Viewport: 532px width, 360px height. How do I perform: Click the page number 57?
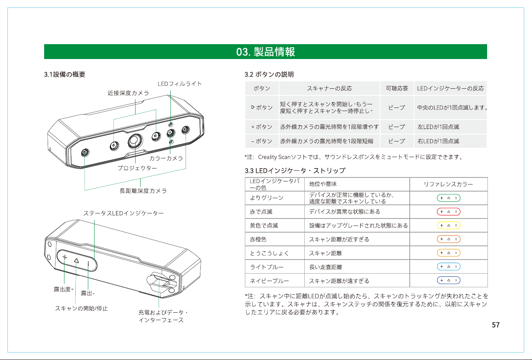tap(496, 325)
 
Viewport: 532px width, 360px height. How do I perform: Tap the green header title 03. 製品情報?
tap(266, 52)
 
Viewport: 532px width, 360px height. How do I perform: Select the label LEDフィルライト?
tap(180, 84)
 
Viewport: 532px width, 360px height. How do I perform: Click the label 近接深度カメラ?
tap(128, 93)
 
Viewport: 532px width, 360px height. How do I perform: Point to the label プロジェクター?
tap(137, 168)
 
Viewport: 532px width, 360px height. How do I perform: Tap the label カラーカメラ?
tap(166, 158)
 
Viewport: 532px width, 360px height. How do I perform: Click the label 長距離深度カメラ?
tap(143, 191)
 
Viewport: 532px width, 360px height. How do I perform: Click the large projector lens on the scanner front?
tap(135, 141)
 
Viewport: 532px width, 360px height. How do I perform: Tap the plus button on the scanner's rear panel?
tap(64, 257)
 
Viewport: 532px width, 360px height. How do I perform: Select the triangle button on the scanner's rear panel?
tap(76, 261)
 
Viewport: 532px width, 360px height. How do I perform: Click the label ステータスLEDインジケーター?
tap(123, 213)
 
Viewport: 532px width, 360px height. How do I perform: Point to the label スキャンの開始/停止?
tap(82, 308)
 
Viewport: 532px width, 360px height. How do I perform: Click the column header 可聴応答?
tap(397, 88)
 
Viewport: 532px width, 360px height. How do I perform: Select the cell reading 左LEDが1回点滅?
tap(438, 127)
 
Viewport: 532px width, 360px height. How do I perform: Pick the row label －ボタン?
tap(262, 141)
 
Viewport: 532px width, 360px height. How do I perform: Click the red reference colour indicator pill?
tap(449, 211)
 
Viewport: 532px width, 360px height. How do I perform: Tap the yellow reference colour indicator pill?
tap(449, 225)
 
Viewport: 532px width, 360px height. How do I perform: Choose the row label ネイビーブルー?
tap(270, 281)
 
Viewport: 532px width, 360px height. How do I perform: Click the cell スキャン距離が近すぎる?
tap(339, 239)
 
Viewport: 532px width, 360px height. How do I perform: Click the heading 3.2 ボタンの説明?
tap(269, 74)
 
